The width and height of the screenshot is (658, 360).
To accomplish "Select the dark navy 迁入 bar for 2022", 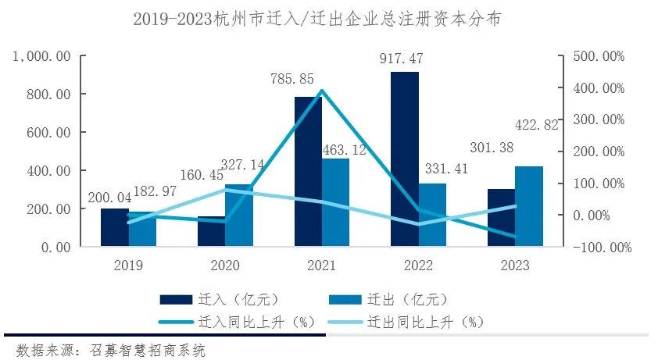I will pos(405,159).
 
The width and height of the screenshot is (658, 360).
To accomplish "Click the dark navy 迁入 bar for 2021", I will pos(308,172).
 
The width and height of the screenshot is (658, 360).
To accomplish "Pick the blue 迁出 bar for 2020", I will pos(239,216).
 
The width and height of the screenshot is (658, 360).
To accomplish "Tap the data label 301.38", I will pos(493,149).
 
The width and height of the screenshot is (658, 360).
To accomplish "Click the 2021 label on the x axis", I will pos(322,266).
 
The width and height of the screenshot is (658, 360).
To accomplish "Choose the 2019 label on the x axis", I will pos(128,266).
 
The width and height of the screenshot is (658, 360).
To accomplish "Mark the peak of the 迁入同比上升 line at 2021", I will pos(321,91).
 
